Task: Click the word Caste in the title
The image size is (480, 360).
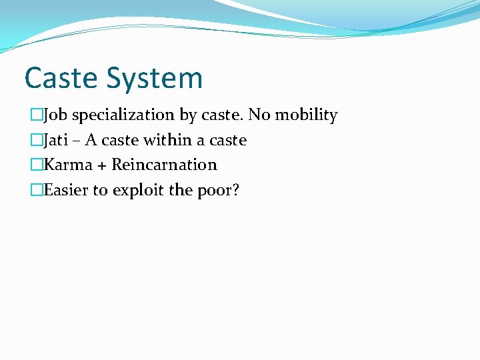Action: [60, 78]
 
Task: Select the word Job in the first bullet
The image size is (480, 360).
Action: [55, 115]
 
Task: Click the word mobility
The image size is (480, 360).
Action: [307, 115]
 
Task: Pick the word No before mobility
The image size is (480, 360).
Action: [259, 115]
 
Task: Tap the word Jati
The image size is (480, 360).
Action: [56, 140]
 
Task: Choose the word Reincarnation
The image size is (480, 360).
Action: [164, 165]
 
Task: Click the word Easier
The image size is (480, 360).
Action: [66, 190]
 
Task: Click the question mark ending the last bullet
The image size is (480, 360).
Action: [235, 190]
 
